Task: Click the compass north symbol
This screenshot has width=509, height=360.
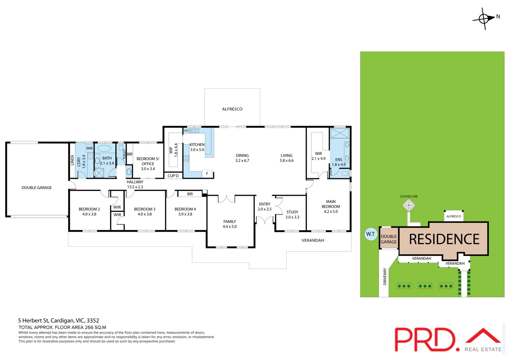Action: coord(484,19)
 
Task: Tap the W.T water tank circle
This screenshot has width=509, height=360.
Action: coord(371,234)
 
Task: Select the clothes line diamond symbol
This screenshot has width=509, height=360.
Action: coord(408,205)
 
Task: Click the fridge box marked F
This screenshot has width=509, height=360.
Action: coord(207,174)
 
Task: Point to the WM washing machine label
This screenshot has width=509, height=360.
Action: coord(89,148)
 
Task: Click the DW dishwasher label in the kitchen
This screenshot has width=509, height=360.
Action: coord(186,131)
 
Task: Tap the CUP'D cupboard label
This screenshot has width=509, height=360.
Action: coord(173,176)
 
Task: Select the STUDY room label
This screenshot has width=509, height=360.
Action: coord(292,212)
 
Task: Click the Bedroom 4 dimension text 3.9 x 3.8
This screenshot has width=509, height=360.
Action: coord(185,214)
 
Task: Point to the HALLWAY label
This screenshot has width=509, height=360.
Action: coord(135,182)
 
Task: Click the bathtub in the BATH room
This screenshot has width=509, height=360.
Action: coord(104,148)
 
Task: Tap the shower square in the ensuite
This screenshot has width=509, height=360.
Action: coord(340,133)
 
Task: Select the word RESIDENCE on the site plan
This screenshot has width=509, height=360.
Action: coord(444,239)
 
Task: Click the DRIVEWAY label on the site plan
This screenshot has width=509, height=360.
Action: coord(385,276)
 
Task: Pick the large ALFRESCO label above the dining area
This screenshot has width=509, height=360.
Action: coord(232,109)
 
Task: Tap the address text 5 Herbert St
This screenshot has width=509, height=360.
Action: coord(33,321)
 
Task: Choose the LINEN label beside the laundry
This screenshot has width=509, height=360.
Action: coord(72,160)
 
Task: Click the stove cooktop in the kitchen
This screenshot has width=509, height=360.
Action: coord(186,158)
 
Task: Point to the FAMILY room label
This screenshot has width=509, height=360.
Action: coord(229,222)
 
